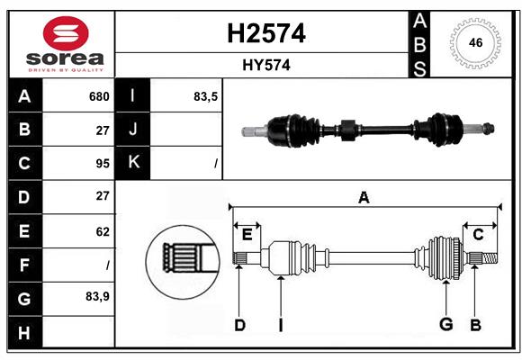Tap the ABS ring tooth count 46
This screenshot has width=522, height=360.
coord(475,42)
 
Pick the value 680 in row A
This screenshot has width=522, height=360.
coord(99,96)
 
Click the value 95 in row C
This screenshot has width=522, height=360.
coord(102,164)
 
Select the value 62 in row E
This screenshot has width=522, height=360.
coord(102,231)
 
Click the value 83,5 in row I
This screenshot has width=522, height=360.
coord(206,96)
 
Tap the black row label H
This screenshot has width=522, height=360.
coord(24,332)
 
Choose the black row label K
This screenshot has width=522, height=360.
coord(133,164)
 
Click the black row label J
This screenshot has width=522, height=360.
coord(133,130)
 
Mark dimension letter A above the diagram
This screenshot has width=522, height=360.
coord(364,198)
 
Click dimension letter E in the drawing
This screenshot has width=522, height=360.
coord(247,234)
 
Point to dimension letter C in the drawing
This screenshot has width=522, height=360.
coord(478,234)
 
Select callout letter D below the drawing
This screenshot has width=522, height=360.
coord(239,325)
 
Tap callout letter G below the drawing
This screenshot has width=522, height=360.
coord(445,325)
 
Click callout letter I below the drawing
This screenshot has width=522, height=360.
coord(281,325)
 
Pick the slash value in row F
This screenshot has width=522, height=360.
coord(107,265)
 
